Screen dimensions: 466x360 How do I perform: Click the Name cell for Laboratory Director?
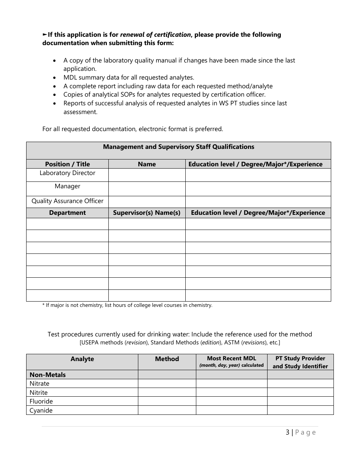[147, 175]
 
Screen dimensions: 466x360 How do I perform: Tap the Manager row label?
[67, 186]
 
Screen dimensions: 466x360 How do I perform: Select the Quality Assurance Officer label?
[67, 201]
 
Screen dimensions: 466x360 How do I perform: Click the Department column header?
[67, 213]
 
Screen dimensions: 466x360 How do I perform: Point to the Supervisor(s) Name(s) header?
[147, 213]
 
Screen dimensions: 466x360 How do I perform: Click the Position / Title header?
[67, 164]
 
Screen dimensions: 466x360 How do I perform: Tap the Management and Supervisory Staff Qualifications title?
[178, 147]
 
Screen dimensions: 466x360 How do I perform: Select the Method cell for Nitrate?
[167, 383]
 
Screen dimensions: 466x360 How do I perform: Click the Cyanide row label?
[41, 410]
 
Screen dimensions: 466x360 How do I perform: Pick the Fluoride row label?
[41, 401]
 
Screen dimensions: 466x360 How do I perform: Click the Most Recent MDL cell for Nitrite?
[232, 393]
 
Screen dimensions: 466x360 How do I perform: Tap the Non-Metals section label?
[48, 375]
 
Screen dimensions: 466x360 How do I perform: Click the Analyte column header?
[82, 359]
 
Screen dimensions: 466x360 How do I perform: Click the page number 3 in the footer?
[288, 432]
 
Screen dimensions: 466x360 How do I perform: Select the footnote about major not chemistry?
[127, 305]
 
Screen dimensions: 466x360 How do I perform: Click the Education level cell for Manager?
[258, 189]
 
